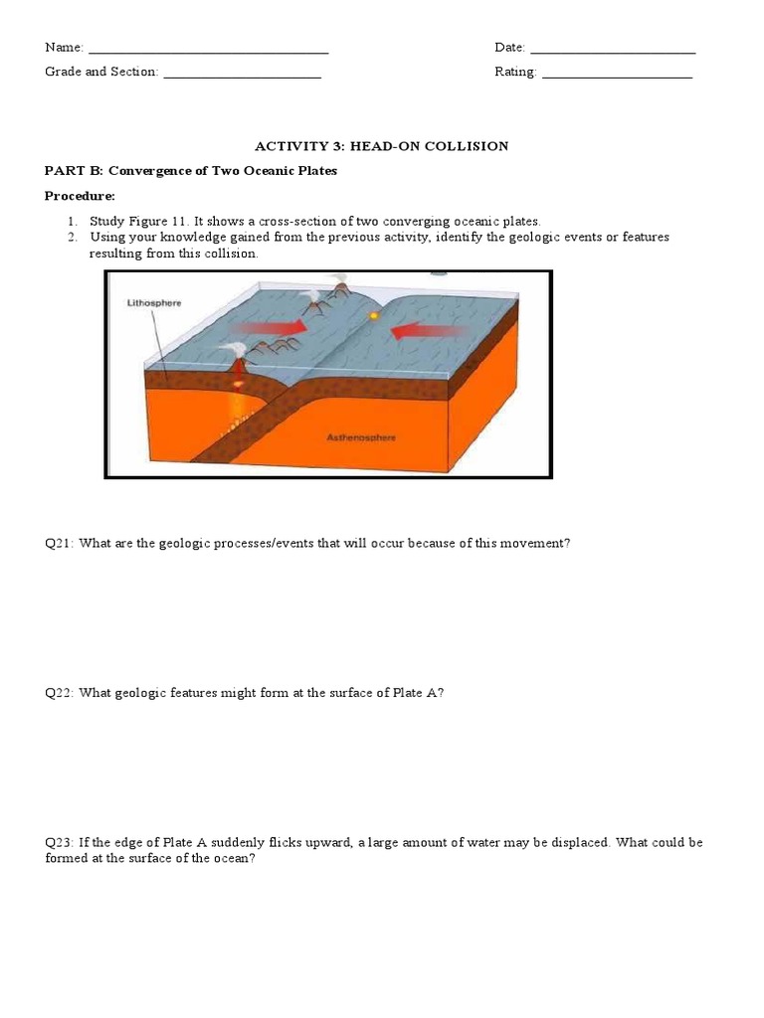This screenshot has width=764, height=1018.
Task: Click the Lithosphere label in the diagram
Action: click(154, 303)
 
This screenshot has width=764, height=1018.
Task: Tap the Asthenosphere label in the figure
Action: click(360, 437)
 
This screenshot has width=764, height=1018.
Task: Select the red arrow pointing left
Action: click(429, 331)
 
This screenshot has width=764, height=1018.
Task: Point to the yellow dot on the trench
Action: click(374, 315)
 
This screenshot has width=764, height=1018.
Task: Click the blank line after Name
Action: click(209, 53)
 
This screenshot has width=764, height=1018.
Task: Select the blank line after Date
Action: click(613, 53)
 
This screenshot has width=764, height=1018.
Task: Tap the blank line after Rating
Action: click(617, 78)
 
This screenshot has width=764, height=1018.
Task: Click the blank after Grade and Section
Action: click(243, 78)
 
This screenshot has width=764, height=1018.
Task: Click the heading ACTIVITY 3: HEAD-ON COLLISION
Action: click(381, 146)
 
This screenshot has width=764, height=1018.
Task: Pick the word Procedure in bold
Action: click(79, 196)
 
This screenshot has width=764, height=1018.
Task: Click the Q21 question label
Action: click(59, 544)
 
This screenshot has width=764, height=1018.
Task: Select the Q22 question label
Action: click(59, 693)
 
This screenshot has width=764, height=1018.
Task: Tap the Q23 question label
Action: click(59, 843)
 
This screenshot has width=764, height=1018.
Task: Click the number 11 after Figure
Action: click(179, 222)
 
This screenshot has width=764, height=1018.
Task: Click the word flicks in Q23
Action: click(285, 843)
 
